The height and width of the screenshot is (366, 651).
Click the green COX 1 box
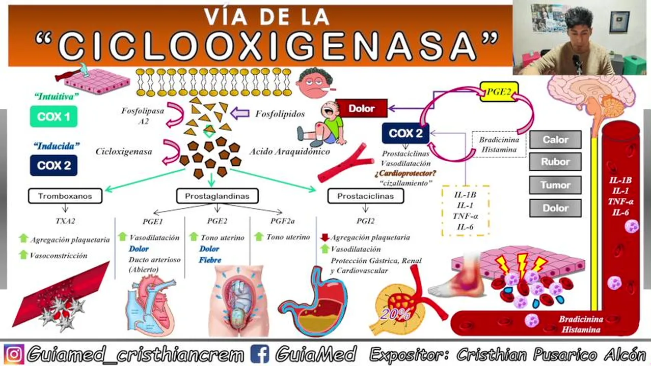pyautogui.click(x=53, y=117)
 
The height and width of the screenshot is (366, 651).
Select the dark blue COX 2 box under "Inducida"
pyautogui.click(x=53, y=165)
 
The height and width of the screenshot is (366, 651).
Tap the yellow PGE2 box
pyautogui.click(x=499, y=92)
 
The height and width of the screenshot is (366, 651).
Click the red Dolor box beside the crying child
pyautogui.click(x=361, y=108)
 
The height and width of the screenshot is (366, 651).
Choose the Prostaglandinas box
pyautogui.click(x=218, y=196)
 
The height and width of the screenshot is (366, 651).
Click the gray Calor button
pyautogui.click(x=555, y=139)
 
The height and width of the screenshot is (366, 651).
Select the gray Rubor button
pyautogui.click(x=555, y=162)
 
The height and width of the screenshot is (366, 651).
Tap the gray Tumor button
pyautogui.click(x=555, y=185)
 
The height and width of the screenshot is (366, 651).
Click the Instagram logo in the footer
pyautogui.click(x=14, y=354)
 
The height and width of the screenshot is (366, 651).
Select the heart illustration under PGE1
pyautogui.click(x=150, y=305)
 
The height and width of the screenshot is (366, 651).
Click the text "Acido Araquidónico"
pyautogui.click(x=289, y=151)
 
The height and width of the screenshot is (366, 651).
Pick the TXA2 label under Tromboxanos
pyautogui.click(x=65, y=221)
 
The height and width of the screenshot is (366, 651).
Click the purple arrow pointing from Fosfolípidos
pyautogui.click(x=237, y=113)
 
